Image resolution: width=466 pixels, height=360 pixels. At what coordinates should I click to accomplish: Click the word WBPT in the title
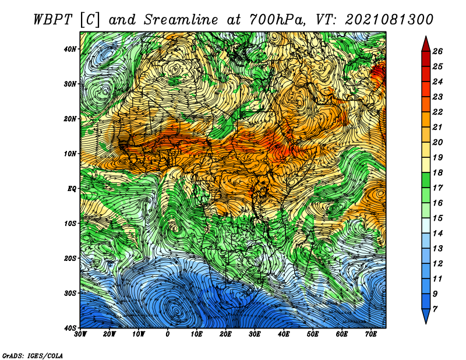pyautogui.click(x=52, y=20)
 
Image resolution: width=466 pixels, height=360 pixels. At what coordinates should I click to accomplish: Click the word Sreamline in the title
pyautogui.click(x=181, y=20)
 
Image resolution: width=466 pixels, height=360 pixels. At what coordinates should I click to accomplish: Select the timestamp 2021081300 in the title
pyautogui.click(x=389, y=20)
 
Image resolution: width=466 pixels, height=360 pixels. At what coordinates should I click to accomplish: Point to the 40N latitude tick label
pyautogui.click(x=70, y=49)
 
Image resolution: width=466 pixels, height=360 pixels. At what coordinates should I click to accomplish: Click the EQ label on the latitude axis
pyautogui.click(x=72, y=189)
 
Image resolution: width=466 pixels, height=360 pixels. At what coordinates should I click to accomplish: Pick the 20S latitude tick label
pyautogui.click(x=70, y=258)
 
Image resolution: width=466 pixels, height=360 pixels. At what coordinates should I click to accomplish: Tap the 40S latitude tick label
pyautogui.click(x=70, y=328)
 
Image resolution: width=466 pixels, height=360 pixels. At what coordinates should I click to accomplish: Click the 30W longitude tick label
pyautogui.click(x=80, y=334)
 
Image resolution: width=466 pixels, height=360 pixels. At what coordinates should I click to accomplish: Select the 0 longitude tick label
pyautogui.click(x=168, y=334)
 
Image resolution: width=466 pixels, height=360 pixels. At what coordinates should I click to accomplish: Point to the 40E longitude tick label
pyautogui.click(x=284, y=334)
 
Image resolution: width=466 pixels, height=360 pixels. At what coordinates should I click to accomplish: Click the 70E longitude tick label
pyautogui.click(x=371, y=334)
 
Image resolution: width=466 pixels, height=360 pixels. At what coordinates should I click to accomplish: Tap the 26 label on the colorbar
pyautogui.click(x=437, y=51)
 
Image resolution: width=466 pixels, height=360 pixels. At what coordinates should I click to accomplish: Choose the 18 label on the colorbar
pyautogui.click(x=437, y=172)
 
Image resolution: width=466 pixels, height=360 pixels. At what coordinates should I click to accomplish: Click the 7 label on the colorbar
pyautogui.click(x=435, y=309)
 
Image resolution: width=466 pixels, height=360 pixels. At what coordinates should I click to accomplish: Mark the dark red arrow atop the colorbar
pyautogui.click(x=426, y=45)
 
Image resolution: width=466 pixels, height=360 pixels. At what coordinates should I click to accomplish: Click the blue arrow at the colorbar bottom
pyautogui.click(x=426, y=316)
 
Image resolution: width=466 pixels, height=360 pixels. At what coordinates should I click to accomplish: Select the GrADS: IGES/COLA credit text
pyautogui.click(x=33, y=355)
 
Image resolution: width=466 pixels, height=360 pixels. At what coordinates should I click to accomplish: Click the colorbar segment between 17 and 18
pyautogui.click(x=426, y=180)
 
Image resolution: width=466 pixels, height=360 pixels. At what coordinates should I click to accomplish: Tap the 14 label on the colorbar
pyautogui.click(x=437, y=234)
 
